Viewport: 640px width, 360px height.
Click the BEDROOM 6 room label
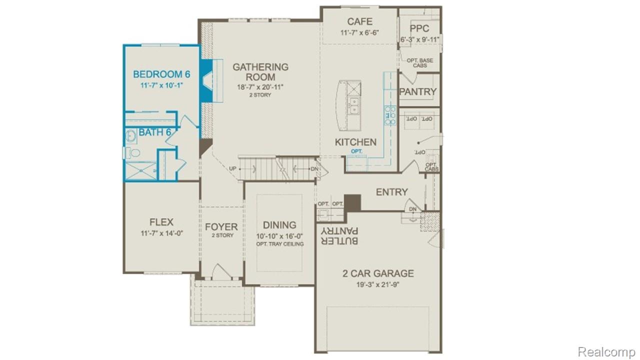[161, 74]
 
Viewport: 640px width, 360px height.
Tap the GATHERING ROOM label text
[260, 72]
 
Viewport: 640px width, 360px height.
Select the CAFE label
[359, 21]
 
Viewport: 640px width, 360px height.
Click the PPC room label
[419, 28]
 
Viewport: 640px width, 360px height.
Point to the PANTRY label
[418, 92]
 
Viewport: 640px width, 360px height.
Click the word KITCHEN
[355, 142]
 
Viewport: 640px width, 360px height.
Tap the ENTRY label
[391, 192]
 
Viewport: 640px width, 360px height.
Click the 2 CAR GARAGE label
[378, 273]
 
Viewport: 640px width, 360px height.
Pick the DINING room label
[279, 225]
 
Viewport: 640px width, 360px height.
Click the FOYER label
[221, 227]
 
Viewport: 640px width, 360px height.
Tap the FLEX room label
[161, 222]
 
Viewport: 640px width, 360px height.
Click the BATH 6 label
[155, 132]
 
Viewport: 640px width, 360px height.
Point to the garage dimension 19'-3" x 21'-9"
[378, 285]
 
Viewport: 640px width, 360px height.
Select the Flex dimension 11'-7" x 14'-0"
[161, 233]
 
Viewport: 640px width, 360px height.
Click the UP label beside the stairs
[232, 169]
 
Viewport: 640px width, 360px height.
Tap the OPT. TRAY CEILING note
[279, 244]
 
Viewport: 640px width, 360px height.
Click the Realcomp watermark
[606, 352]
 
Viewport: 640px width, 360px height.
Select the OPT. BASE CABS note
[419, 63]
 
